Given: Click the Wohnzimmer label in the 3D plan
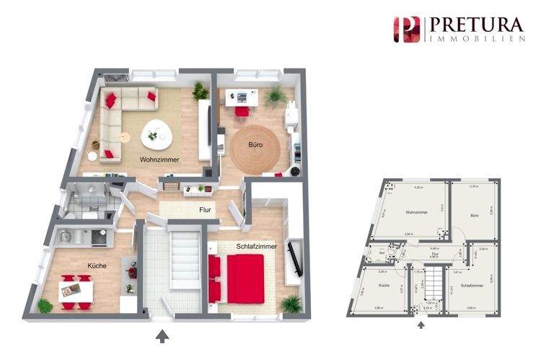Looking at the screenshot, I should point(159,159).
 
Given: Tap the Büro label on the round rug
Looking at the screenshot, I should point(255,145).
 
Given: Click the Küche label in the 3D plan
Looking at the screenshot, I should point(97,265).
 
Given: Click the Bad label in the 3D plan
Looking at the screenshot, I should point(93,209).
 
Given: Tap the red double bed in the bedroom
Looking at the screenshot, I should point(243,278).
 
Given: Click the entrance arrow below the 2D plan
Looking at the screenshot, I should point(421,325).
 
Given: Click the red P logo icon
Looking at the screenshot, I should point(406,30).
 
